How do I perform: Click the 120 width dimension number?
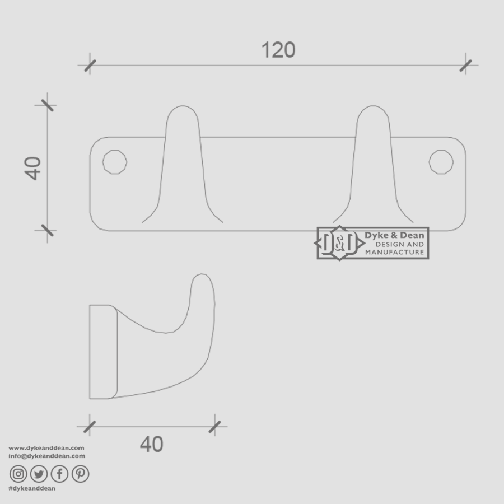(278, 50)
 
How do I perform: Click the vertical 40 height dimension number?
(34, 167)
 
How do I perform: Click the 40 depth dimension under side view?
(152, 444)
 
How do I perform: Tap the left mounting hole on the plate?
(115, 162)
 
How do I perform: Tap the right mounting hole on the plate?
(441, 162)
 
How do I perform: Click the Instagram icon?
(18, 474)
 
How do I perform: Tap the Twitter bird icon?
(39, 474)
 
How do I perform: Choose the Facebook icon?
(59, 474)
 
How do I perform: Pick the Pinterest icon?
(80, 474)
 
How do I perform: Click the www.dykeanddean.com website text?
(46, 448)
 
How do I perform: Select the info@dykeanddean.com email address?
(47, 456)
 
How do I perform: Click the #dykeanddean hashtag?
(32, 488)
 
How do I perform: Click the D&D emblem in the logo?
(338, 243)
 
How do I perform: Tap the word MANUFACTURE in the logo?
(394, 253)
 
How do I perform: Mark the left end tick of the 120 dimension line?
(90, 66)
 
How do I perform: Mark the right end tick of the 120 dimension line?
(466, 66)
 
